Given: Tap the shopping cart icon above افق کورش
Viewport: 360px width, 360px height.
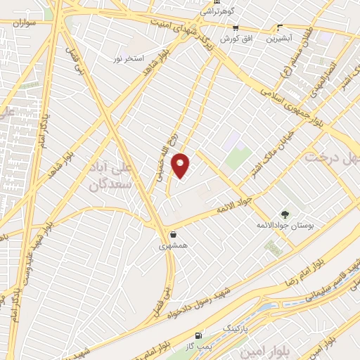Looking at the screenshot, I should [236, 29].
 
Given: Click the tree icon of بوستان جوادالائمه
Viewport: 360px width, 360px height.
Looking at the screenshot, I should [285, 214].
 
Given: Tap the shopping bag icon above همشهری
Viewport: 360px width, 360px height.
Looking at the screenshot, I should [173, 235].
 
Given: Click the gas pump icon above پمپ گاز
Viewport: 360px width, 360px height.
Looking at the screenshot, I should [199, 336].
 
